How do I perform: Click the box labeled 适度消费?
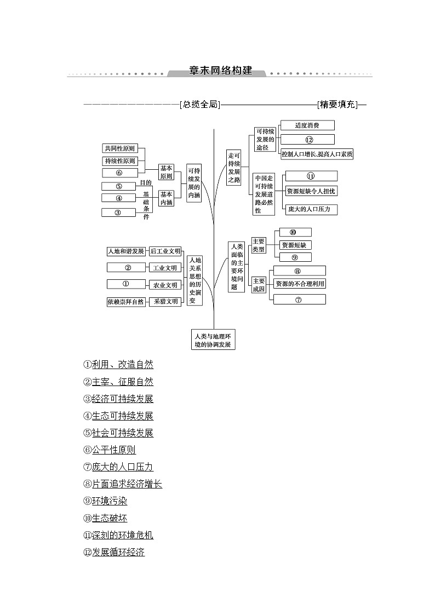[x=307, y=125]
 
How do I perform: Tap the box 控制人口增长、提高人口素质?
[x=317, y=154]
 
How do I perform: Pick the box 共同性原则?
[x=120, y=148]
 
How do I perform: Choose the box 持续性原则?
[x=120, y=161]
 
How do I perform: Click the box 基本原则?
[x=166, y=173]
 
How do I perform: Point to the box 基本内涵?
[x=166, y=198]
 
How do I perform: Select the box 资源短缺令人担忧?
[x=311, y=191]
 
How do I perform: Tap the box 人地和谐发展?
[x=126, y=251]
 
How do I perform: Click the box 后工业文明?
[x=165, y=251]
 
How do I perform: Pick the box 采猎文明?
[x=165, y=301]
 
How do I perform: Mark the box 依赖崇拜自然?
[x=126, y=302]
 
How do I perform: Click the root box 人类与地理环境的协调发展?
[x=213, y=340]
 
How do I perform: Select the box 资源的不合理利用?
[x=300, y=284]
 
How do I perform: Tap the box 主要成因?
[x=259, y=285]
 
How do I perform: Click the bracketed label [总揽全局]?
[x=199, y=105]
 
